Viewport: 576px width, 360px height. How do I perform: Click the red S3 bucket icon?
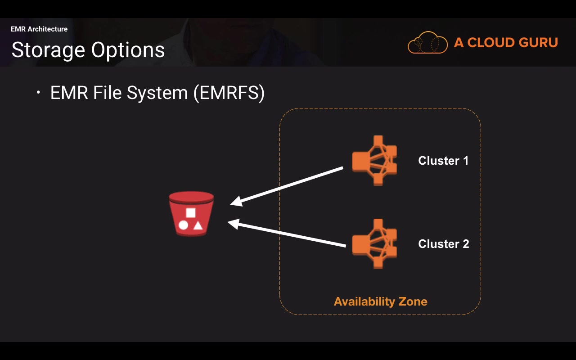[191, 214]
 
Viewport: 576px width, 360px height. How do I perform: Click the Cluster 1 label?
[443, 161]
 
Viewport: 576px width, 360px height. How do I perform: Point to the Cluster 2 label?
[444, 244]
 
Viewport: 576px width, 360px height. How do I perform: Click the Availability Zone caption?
[380, 301]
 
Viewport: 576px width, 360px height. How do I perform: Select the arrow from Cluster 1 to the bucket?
[288, 186]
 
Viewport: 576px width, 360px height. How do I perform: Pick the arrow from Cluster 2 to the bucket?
[288, 234]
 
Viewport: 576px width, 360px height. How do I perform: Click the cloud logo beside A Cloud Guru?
[427, 43]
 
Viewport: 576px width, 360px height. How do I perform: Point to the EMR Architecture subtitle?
[39, 29]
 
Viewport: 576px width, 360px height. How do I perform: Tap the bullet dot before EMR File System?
[39, 93]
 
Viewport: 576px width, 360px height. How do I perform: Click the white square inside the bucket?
[191, 213]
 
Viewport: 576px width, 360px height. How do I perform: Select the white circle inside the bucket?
[183, 225]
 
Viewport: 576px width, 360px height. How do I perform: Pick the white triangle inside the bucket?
[198, 225]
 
